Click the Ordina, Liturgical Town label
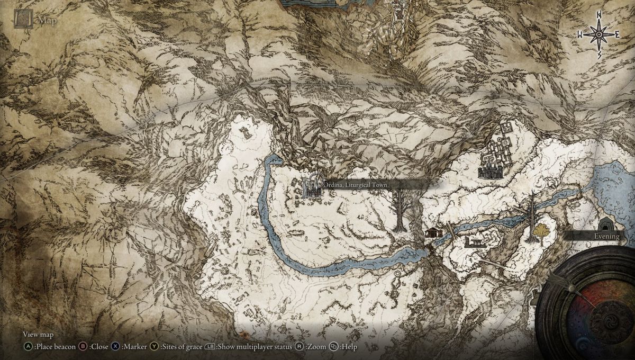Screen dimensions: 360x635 pos(353,185)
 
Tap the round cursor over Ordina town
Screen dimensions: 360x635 pos(315,180)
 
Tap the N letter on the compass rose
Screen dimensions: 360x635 pos(598,14)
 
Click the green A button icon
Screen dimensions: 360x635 pos(27,347)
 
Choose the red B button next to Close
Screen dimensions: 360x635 pos(83,347)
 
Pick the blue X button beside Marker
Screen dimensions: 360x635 pos(115,347)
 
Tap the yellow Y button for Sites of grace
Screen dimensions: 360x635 pos(155,347)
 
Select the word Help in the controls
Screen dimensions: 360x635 pos(349,347)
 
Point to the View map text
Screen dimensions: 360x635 pos(38,335)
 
